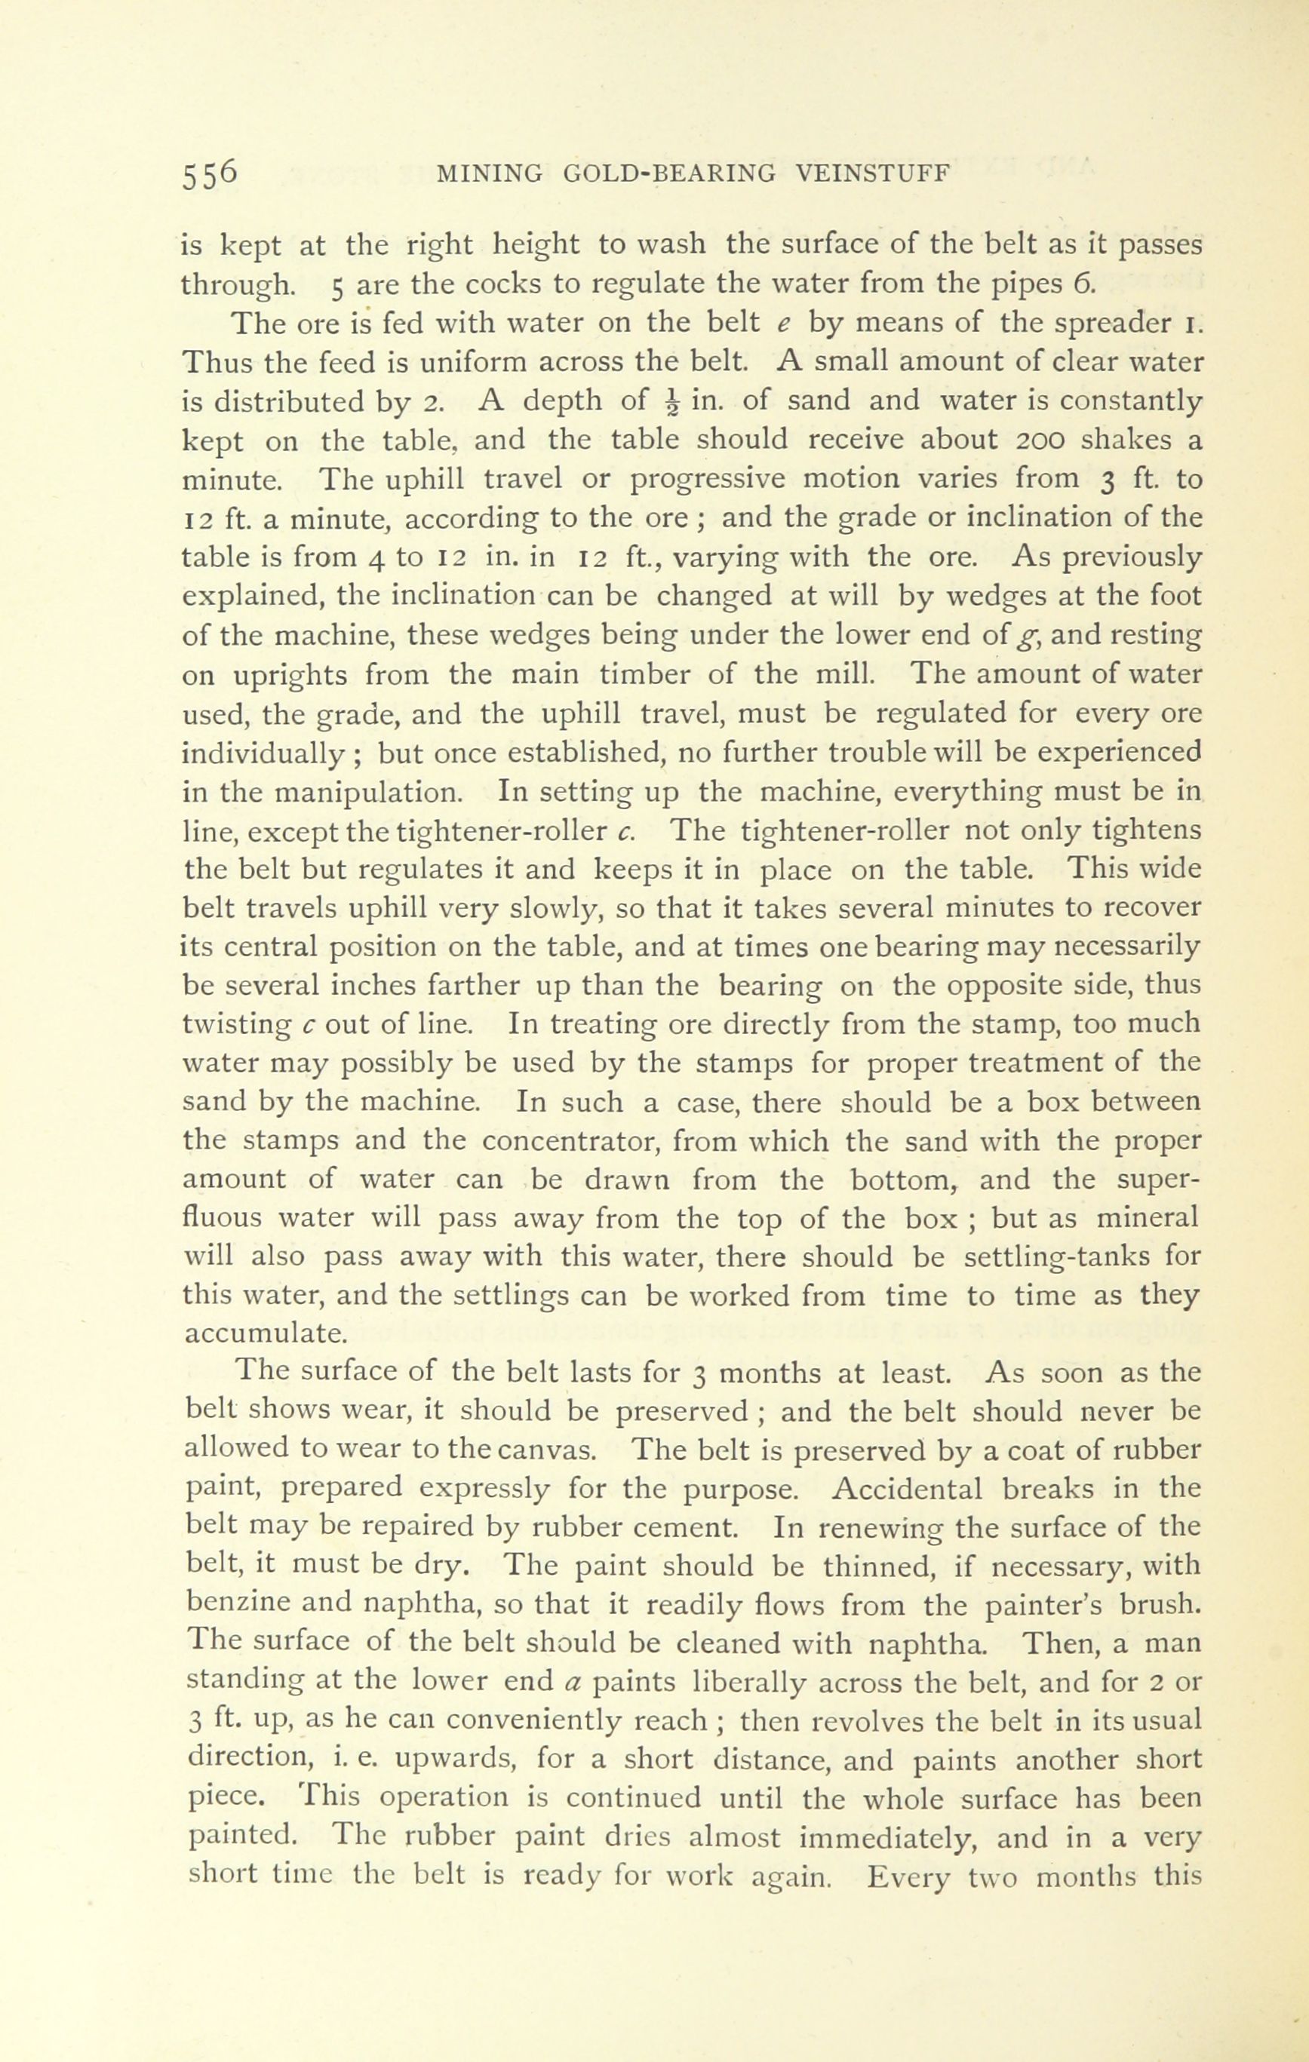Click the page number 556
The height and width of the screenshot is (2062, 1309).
pos(209,173)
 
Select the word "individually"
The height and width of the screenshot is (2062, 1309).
pos(264,753)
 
